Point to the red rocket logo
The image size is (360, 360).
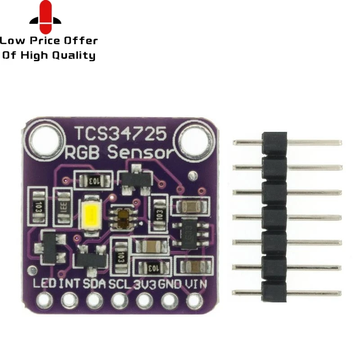45,18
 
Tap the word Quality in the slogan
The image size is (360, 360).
74,56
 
